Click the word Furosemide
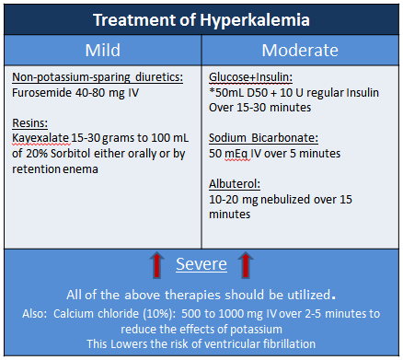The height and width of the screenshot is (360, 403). (42, 93)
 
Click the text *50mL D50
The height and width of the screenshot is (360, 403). (240, 93)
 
